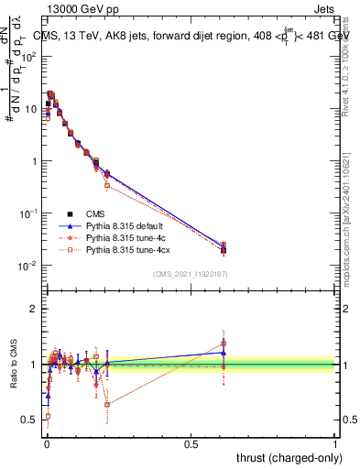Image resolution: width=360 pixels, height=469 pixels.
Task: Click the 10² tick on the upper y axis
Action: [x=29, y=57]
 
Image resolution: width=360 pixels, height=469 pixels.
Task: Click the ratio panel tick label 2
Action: [x=35, y=309]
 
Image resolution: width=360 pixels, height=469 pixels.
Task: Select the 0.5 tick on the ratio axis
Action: [x=30, y=420]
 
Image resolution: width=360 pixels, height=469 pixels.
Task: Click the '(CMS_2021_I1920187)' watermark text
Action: [x=191, y=274]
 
